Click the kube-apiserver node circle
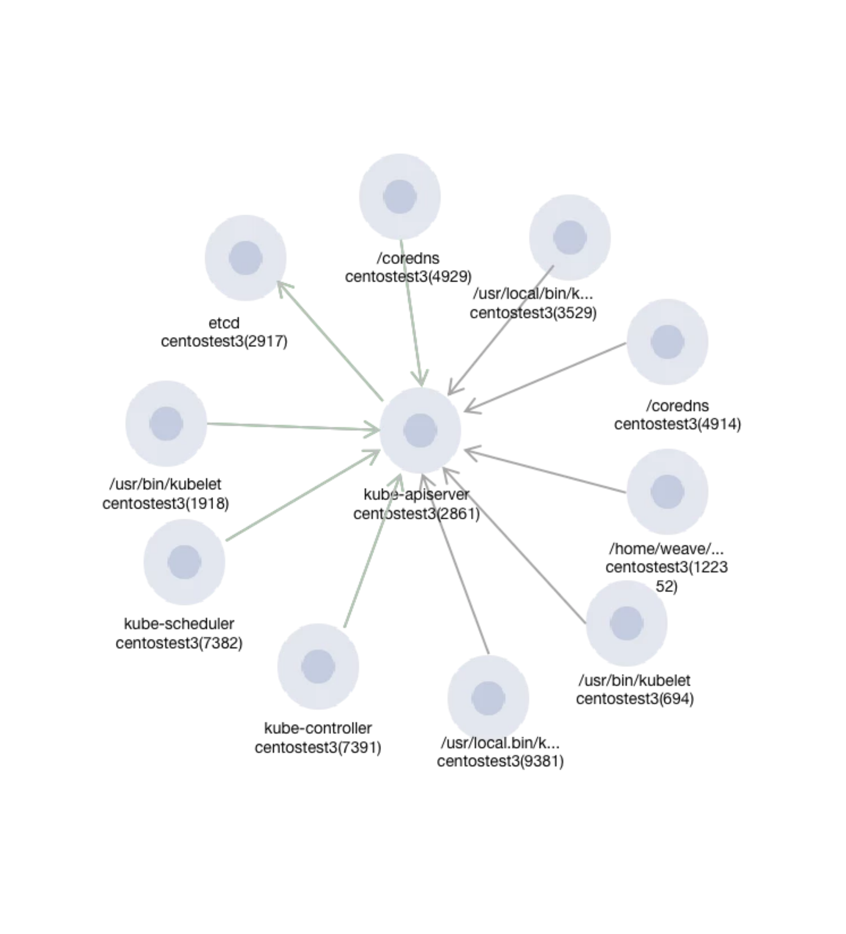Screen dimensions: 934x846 (x=420, y=430)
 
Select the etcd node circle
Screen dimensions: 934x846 (x=246, y=258)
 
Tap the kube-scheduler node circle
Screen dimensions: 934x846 (x=184, y=562)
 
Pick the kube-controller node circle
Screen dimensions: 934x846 (x=318, y=666)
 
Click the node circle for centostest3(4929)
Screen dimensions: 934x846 (x=399, y=196)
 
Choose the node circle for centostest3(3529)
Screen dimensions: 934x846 (x=569, y=237)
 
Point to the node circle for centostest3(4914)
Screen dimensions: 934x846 (x=667, y=342)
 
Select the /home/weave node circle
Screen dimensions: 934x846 (x=667, y=492)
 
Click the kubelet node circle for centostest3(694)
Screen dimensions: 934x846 (x=626, y=623)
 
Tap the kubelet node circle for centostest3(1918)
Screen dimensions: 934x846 (x=166, y=423)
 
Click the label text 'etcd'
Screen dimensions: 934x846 (x=224, y=323)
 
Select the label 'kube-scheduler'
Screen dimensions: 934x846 (x=179, y=624)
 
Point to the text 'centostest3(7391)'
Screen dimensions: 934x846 (x=318, y=747)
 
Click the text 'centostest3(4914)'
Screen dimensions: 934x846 (x=677, y=424)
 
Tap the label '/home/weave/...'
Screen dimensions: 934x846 (x=666, y=549)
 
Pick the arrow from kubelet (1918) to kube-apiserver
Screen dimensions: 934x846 (x=292, y=427)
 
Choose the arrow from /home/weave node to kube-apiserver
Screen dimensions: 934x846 (x=547, y=471)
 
